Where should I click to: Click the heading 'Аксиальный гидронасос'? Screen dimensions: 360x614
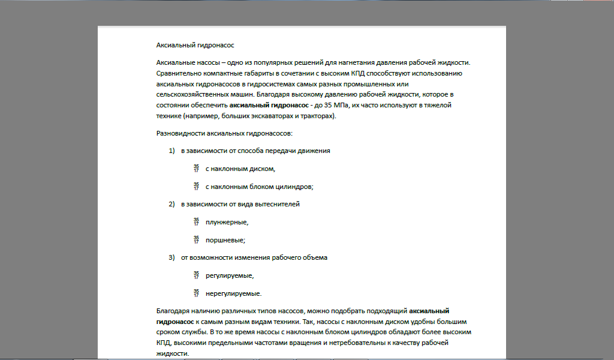[195, 45]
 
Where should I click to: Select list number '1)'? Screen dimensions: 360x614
[171, 151]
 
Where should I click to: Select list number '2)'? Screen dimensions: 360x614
[171, 205]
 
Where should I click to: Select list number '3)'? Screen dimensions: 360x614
[171, 258]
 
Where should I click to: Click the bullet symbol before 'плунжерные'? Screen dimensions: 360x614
[196, 222]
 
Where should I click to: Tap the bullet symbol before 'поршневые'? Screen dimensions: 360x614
[196, 240]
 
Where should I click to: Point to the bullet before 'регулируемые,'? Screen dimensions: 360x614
[196, 276]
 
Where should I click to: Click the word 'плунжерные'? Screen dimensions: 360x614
[226, 223]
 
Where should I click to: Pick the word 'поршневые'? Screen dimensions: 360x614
[225, 241]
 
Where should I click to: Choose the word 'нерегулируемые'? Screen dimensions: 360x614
[233, 294]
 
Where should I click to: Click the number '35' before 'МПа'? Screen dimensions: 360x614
[327, 105]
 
